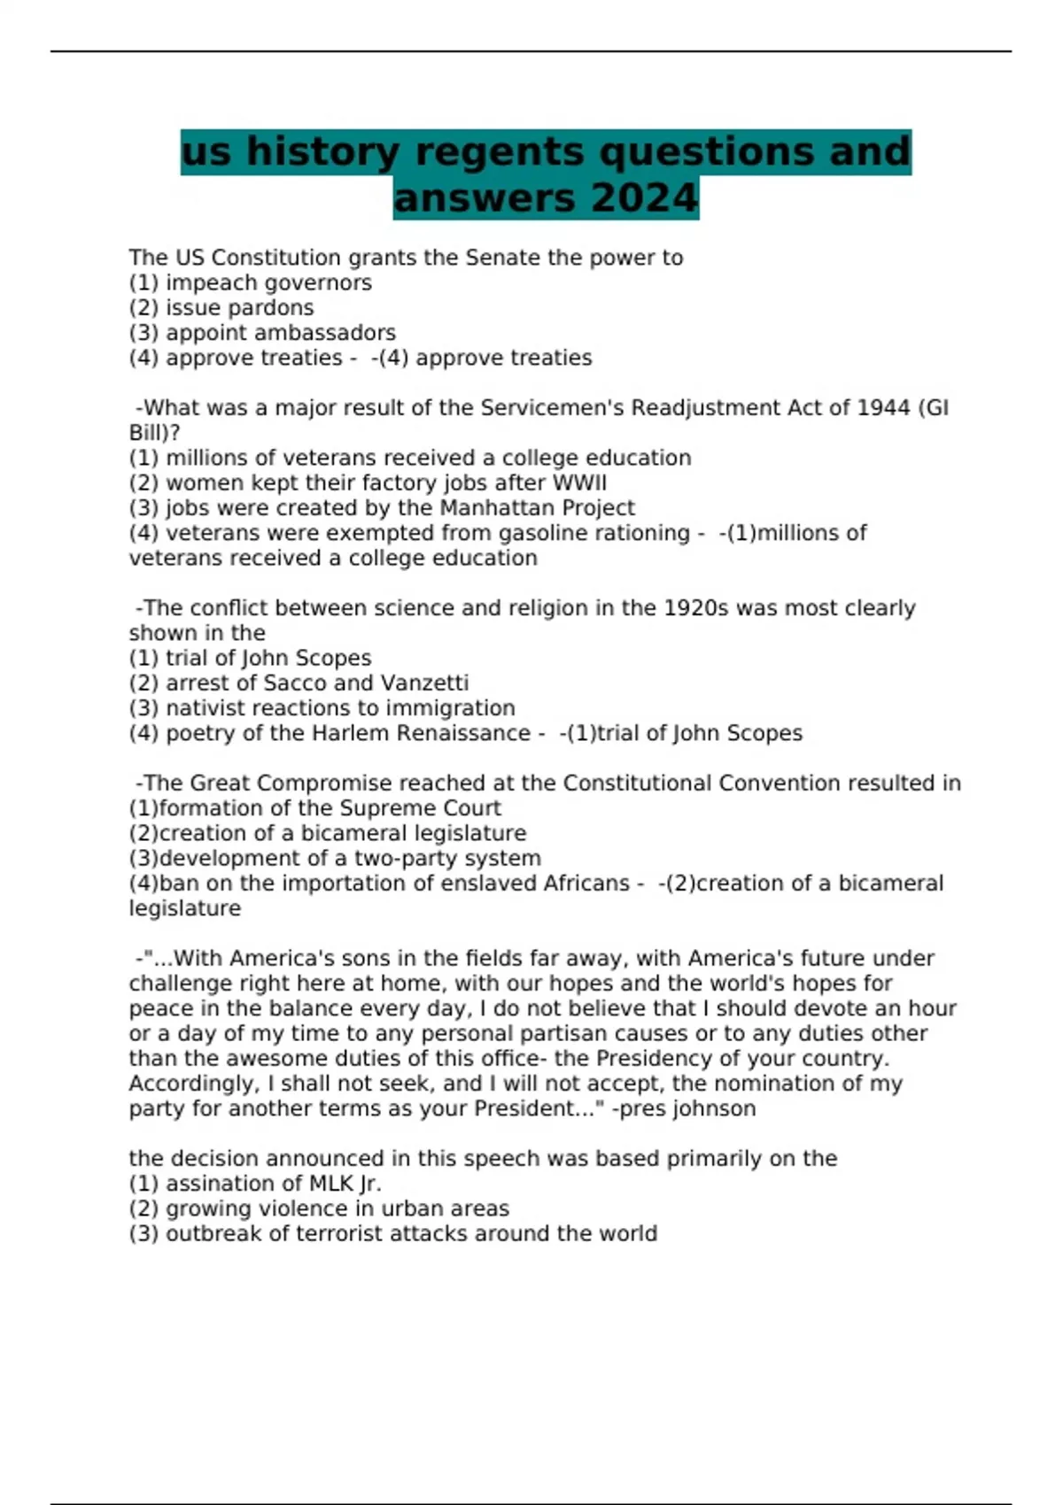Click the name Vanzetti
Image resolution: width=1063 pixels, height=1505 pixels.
coord(424,683)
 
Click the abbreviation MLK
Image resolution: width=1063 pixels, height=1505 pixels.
coord(331,1184)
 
